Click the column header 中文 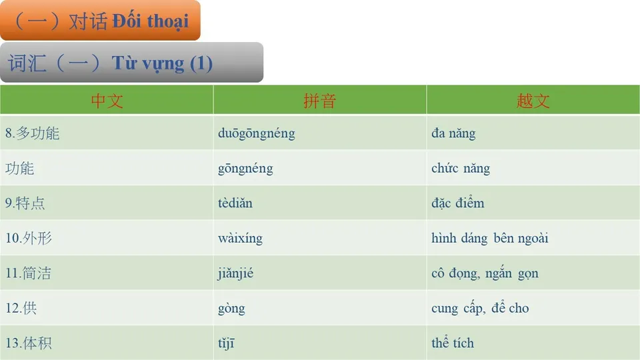(x=107, y=101)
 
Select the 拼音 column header (x=320, y=101)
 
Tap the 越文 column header (x=533, y=101)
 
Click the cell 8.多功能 (x=33, y=133)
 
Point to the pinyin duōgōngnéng (x=257, y=133)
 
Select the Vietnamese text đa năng (x=453, y=133)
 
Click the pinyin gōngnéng (x=245, y=169)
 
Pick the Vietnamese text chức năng (x=461, y=169)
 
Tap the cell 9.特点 (x=25, y=203)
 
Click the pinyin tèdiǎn (x=235, y=203)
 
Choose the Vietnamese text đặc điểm (x=458, y=203)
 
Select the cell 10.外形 (x=29, y=238)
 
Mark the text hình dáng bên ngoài (x=490, y=238)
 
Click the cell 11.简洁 (x=29, y=273)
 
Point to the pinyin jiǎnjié (x=235, y=273)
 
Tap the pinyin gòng (x=231, y=309)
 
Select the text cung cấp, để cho (x=480, y=309)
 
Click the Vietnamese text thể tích (x=453, y=343)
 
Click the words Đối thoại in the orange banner (x=150, y=21)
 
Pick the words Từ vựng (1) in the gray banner (x=162, y=63)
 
